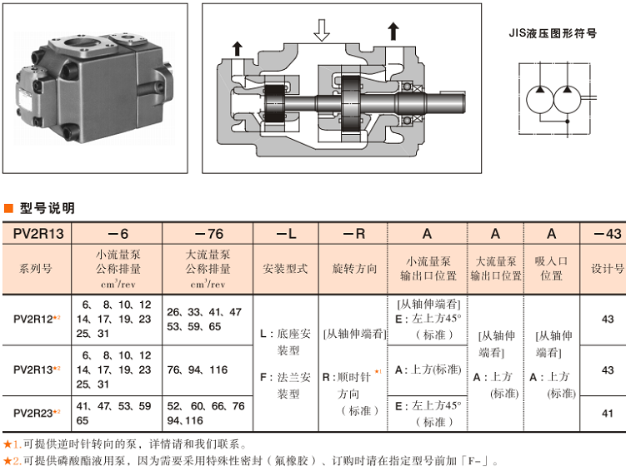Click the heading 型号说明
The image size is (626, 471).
pyautogui.click(x=47, y=208)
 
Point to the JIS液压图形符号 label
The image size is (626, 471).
pyautogui.click(x=553, y=34)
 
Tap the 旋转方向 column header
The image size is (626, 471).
pyautogui.click(x=355, y=269)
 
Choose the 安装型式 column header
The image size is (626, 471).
pyautogui.click(x=285, y=269)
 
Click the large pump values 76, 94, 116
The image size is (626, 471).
pyautogui.click(x=197, y=369)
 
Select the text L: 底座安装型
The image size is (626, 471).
pyautogui.click(x=285, y=342)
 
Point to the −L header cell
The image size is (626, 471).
pyautogui.click(x=285, y=234)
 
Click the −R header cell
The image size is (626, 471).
pyautogui.click(x=355, y=234)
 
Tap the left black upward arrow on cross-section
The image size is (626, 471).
pyautogui.click(x=238, y=47)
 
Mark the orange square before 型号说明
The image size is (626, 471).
pyautogui.click(x=8, y=208)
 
